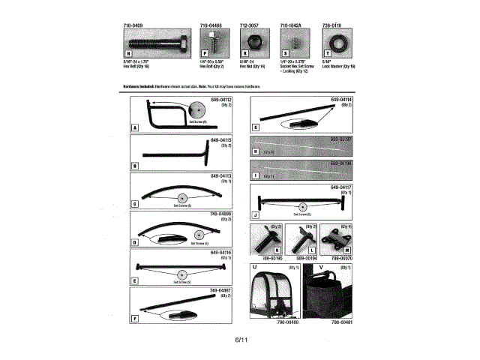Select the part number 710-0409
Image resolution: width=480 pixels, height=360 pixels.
pos(133,26)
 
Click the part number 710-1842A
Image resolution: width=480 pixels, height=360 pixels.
pos(291,26)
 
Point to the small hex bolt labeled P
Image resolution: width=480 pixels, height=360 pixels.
pos(211,43)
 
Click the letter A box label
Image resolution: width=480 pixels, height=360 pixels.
pos(133,128)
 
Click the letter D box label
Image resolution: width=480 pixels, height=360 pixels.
pos(133,243)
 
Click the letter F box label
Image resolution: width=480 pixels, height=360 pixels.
pos(133,319)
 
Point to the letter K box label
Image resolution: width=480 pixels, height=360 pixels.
pos(277,250)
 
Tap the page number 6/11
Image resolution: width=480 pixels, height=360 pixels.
pos(240,341)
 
